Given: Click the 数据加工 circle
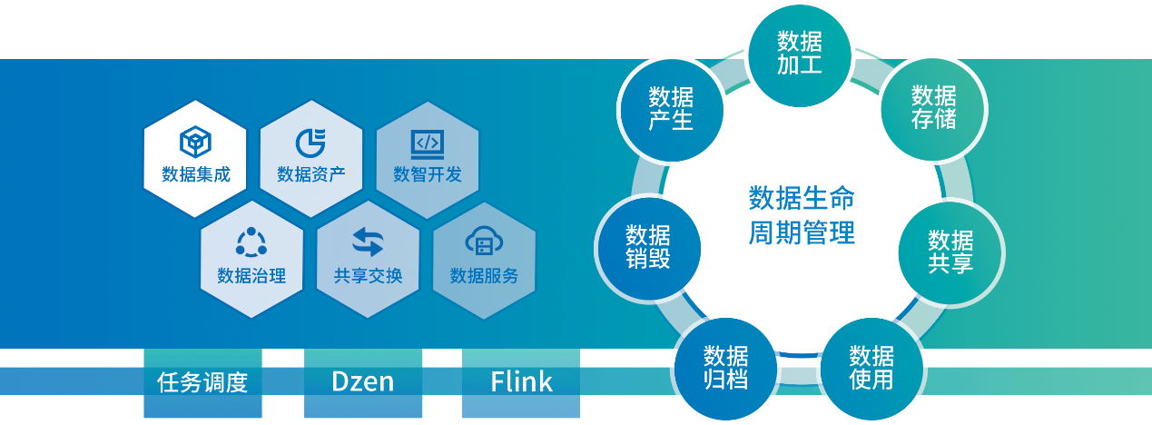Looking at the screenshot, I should click(799, 52).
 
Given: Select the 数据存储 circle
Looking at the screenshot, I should click(933, 108).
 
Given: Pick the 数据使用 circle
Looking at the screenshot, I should click(871, 367).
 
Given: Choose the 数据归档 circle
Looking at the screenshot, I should click(725, 367).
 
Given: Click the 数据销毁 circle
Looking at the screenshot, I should click(647, 246).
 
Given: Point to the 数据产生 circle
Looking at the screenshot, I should click(671, 108).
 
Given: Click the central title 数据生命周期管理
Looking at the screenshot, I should click(801, 215).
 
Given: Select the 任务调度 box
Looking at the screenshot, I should click(202, 381).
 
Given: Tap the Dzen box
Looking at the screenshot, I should click(361, 381).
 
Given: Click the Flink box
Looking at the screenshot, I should click(521, 381).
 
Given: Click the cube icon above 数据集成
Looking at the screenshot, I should click(195, 143).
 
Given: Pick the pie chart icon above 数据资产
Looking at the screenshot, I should click(310, 143).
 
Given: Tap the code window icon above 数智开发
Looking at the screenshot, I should click(427, 143).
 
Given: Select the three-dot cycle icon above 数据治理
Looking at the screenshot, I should click(251, 242).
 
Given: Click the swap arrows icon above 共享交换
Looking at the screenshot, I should click(368, 242).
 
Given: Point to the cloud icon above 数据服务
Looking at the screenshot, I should click(483, 242).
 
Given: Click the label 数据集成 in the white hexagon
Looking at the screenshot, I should click(195, 174).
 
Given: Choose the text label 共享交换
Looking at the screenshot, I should click(368, 276).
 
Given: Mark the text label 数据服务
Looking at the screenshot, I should click(484, 276).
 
